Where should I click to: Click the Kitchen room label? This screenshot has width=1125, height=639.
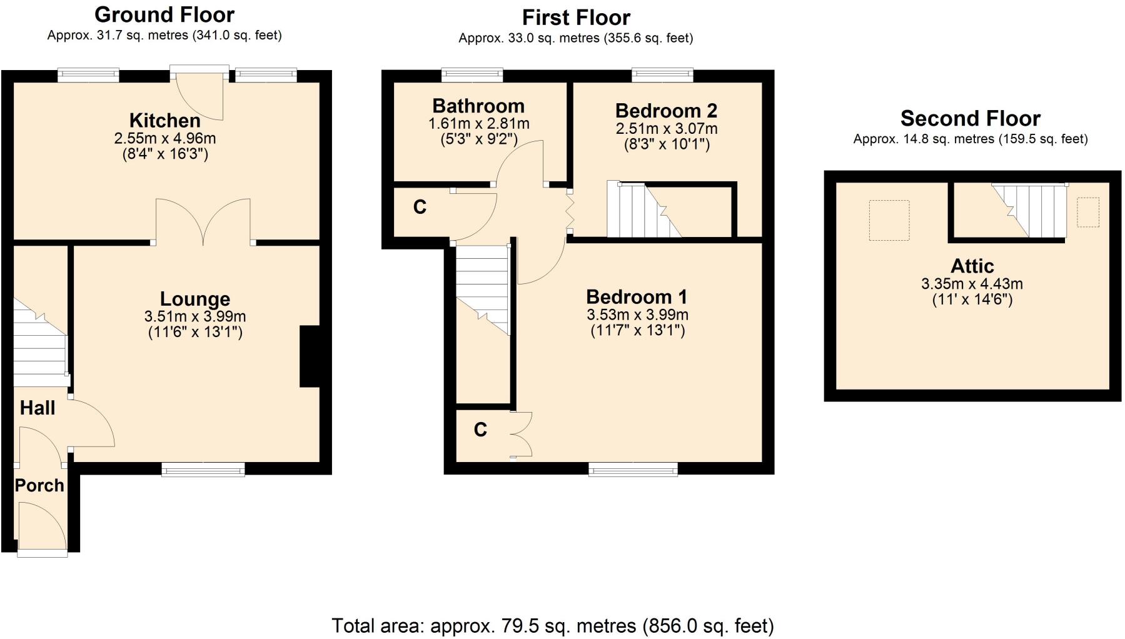164,120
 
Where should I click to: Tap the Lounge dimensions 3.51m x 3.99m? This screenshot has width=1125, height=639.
194,316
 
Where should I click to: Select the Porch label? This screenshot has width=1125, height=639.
39,485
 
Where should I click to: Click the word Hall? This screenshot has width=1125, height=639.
38,408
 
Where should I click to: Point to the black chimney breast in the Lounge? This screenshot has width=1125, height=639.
310,356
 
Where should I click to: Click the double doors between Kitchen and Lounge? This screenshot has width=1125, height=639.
203,222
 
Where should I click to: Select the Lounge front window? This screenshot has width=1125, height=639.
203,470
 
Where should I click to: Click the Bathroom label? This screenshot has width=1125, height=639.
478,106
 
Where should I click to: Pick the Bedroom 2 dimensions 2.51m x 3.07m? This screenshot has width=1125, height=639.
667,129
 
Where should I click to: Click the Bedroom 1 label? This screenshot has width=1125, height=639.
637,296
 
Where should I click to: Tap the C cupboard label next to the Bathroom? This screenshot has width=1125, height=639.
420,207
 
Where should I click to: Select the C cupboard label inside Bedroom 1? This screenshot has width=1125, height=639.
480,430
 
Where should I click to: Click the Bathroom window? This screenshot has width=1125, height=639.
472,75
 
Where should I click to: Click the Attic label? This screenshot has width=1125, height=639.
972,266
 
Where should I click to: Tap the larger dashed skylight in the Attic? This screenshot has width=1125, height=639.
889,220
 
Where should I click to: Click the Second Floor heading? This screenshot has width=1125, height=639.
970,118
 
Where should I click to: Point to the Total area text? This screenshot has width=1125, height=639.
552,625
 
